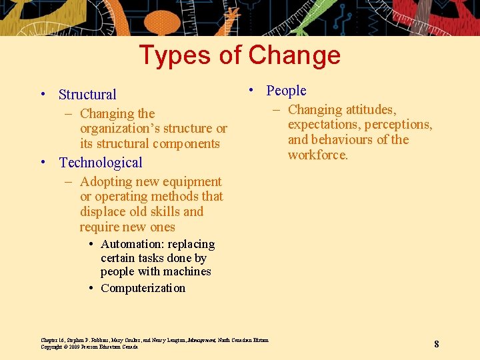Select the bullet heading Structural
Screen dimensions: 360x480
click(x=87, y=95)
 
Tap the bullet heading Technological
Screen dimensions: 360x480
click(x=101, y=163)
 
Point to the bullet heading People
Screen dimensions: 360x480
click(x=286, y=91)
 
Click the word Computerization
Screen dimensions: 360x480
click(x=143, y=288)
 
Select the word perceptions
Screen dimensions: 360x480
click(x=398, y=125)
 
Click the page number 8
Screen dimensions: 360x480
click(x=436, y=344)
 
